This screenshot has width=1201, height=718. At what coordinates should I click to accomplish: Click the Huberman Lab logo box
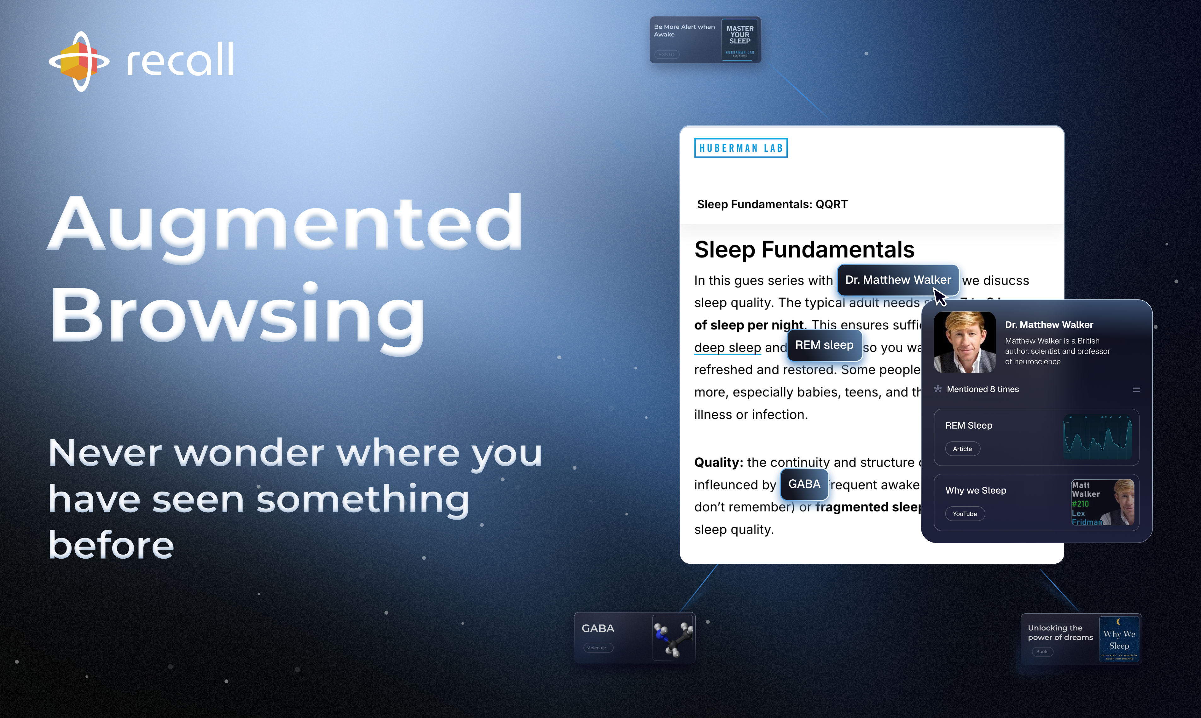pyautogui.click(x=740, y=148)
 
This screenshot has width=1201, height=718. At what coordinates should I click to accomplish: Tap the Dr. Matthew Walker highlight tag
pyautogui.click(x=897, y=280)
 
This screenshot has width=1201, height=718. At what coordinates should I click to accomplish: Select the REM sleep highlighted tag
pyautogui.click(x=824, y=345)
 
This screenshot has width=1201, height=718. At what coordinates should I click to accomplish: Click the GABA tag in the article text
pyautogui.click(x=804, y=484)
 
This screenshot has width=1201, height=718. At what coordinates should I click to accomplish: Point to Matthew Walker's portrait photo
pyautogui.click(x=964, y=342)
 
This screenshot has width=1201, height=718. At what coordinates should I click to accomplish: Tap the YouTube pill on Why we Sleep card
pyautogui.click(x=964, y=514)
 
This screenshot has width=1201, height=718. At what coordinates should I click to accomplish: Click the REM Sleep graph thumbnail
pyautogui.click(x=1097, y=437)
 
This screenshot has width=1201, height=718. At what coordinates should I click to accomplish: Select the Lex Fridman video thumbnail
pyautogui.click(x=1102, y=503)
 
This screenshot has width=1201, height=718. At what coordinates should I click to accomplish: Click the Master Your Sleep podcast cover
pyautogui.click(x=740, y=40)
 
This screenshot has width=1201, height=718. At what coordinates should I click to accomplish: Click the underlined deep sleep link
pyautogui.click(x=728, y=347)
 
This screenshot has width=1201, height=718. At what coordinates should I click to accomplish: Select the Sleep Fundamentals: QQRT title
pyautogui.click(x=772, y=204)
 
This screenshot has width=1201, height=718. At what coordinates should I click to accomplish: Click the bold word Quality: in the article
pyautogui.click(x=718, y=463)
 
